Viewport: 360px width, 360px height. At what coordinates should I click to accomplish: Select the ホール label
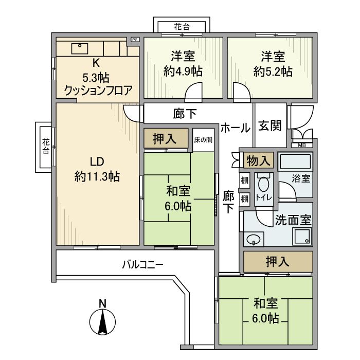pos(235,128)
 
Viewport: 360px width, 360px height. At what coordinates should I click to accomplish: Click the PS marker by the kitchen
pos(135,40)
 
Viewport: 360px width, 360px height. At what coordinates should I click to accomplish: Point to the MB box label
pos(301,145)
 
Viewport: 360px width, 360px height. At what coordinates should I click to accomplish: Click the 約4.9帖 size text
pos(183,71)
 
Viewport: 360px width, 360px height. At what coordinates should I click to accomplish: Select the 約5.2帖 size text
pos(272,71)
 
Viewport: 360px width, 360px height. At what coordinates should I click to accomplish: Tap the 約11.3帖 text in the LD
pos(97,177)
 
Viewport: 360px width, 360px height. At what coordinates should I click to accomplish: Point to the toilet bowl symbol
pos(264,185)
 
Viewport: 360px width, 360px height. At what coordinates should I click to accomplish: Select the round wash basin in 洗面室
pos(253,239)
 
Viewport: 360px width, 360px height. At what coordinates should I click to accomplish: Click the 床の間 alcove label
pos(203,139)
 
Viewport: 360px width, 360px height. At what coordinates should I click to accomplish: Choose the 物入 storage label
pos(258,160)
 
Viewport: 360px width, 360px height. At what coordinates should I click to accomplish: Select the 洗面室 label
pos(293,220)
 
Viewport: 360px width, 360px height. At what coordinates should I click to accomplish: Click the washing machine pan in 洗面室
pos(301,237)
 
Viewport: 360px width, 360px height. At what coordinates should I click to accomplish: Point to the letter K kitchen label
pos(96,63)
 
